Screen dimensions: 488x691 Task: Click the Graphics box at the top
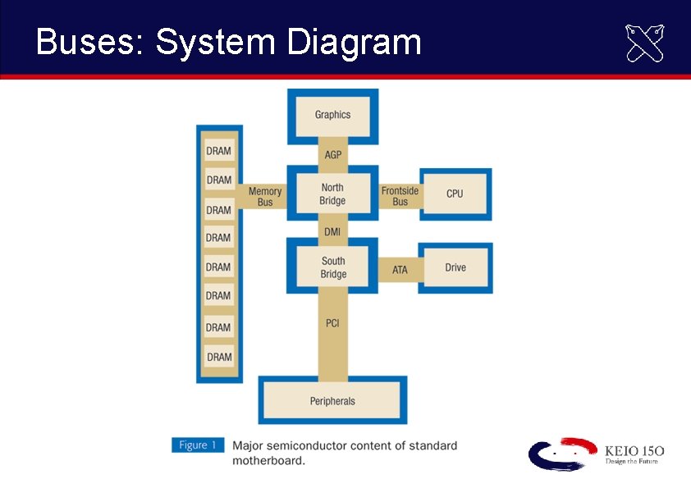pyautogui.click(x=332, y=115)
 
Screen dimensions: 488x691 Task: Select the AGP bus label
pyautogui.click(x=332, y=155)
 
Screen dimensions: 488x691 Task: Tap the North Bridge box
pyautogui.click(x=332, y=194)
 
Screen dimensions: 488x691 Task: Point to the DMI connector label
pyautogui.click(x=332, y=232)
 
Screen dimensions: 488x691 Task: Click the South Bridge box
pyautogui.click(x=332, y=267)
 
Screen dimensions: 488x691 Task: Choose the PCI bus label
pyautogui.click(x=332, y=323)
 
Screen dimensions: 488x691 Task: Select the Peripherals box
pyautogui.click(x=332, y=401)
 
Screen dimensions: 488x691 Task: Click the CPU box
pyautogui.click(x=455, y=194)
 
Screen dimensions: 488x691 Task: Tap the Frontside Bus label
pyautogui.click(x=400, y=196)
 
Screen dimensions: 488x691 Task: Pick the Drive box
pyautogui.click(x=455, y=268)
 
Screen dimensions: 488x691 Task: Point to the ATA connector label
pyautogui.click(x=400, y=270)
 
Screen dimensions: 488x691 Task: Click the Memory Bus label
pyautogui.click(x=264, y=197)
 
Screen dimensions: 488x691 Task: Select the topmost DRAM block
pyautogui.click(x=219, y=151)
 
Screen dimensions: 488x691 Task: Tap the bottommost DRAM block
pyautogui.click(x=219, y=357)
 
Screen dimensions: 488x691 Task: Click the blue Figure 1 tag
pyautogui.click(x=197, y=445)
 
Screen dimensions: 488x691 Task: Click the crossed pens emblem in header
pyautogui.click(x=645, y=43)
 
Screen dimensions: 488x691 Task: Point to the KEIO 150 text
pyautogui.click(x=634, y=451)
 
